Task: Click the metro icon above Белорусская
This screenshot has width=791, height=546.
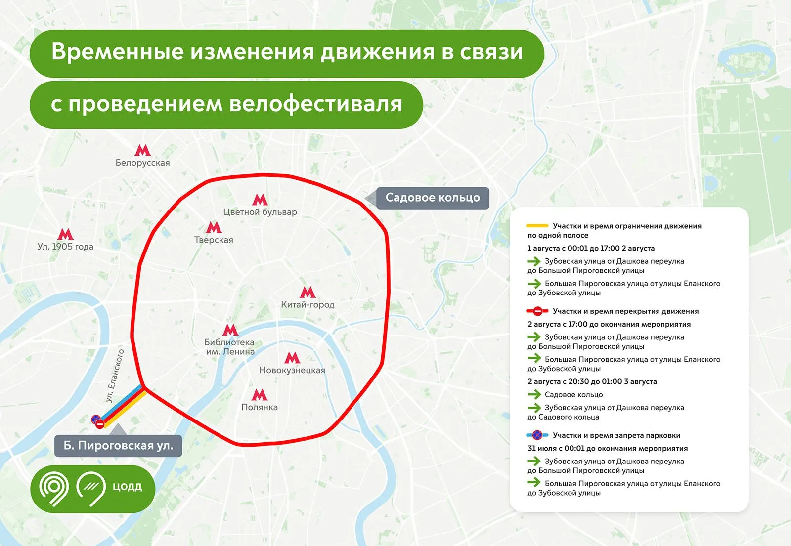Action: click(142, 150)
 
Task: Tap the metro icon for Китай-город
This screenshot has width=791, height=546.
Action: click(308, 292)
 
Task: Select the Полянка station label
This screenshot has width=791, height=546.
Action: click(260, 407)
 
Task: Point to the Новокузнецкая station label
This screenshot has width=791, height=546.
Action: click(292, 370)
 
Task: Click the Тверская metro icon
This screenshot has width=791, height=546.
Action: click(214, 227)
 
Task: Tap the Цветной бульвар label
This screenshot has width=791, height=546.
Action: click(260, 212)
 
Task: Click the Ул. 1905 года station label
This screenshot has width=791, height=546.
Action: click(65, 246)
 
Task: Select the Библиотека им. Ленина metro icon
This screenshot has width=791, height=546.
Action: click(230, 330)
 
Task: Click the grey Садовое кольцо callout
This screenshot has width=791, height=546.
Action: click(433, 198)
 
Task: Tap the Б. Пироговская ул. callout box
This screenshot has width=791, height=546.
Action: click(118, 445)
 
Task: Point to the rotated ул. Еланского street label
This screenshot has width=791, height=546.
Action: click(115, 376)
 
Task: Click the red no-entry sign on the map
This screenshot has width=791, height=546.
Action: click(100, 424)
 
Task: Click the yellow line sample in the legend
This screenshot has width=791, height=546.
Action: click(537, 226)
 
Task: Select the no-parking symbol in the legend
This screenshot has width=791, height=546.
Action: click(537, 435)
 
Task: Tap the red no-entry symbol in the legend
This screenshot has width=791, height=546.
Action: click(537, 311)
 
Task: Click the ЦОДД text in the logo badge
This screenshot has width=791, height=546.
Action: click(127, 487)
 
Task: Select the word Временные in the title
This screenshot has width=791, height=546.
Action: click(117, 52)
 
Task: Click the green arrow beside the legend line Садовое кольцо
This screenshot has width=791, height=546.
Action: click(534, 394)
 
